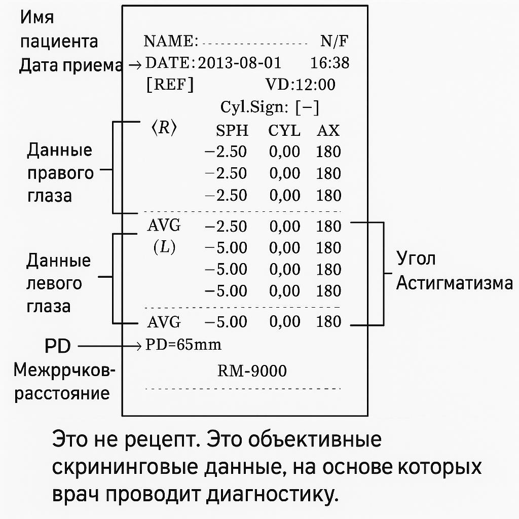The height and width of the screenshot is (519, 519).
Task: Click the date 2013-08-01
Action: click(x=239, y=63)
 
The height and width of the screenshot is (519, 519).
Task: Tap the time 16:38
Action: click(x=329, y=63)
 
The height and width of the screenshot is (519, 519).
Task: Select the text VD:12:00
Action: click(x=300, y=85)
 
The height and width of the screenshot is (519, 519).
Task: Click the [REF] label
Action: click(x=169, y=85)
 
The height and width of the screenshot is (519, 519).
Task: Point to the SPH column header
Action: click(x=232, y=131)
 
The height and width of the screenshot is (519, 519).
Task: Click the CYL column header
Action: click(x=284, y=131)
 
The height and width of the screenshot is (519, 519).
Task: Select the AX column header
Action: click(x=328, y=131)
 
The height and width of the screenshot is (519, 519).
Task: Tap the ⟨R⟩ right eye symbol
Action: click(x=164, y=128)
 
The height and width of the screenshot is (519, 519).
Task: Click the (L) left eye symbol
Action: click(x=164, y=247)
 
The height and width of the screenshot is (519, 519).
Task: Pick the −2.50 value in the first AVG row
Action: click(x=226, y=226)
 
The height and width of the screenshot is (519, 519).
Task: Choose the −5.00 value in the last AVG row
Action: click(x=226, y=322)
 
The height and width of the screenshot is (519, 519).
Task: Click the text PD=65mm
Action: click(x=183, y=345)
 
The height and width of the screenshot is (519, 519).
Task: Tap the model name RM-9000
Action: click(x=252, y=371)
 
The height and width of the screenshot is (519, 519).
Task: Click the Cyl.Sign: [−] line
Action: click(x=270, y=107)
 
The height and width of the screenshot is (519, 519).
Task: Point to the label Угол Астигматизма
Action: click(x=454, y=271)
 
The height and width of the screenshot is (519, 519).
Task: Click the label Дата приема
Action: click(x=70, y=65)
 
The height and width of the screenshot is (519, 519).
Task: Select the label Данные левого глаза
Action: click(x=58, y=283)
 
